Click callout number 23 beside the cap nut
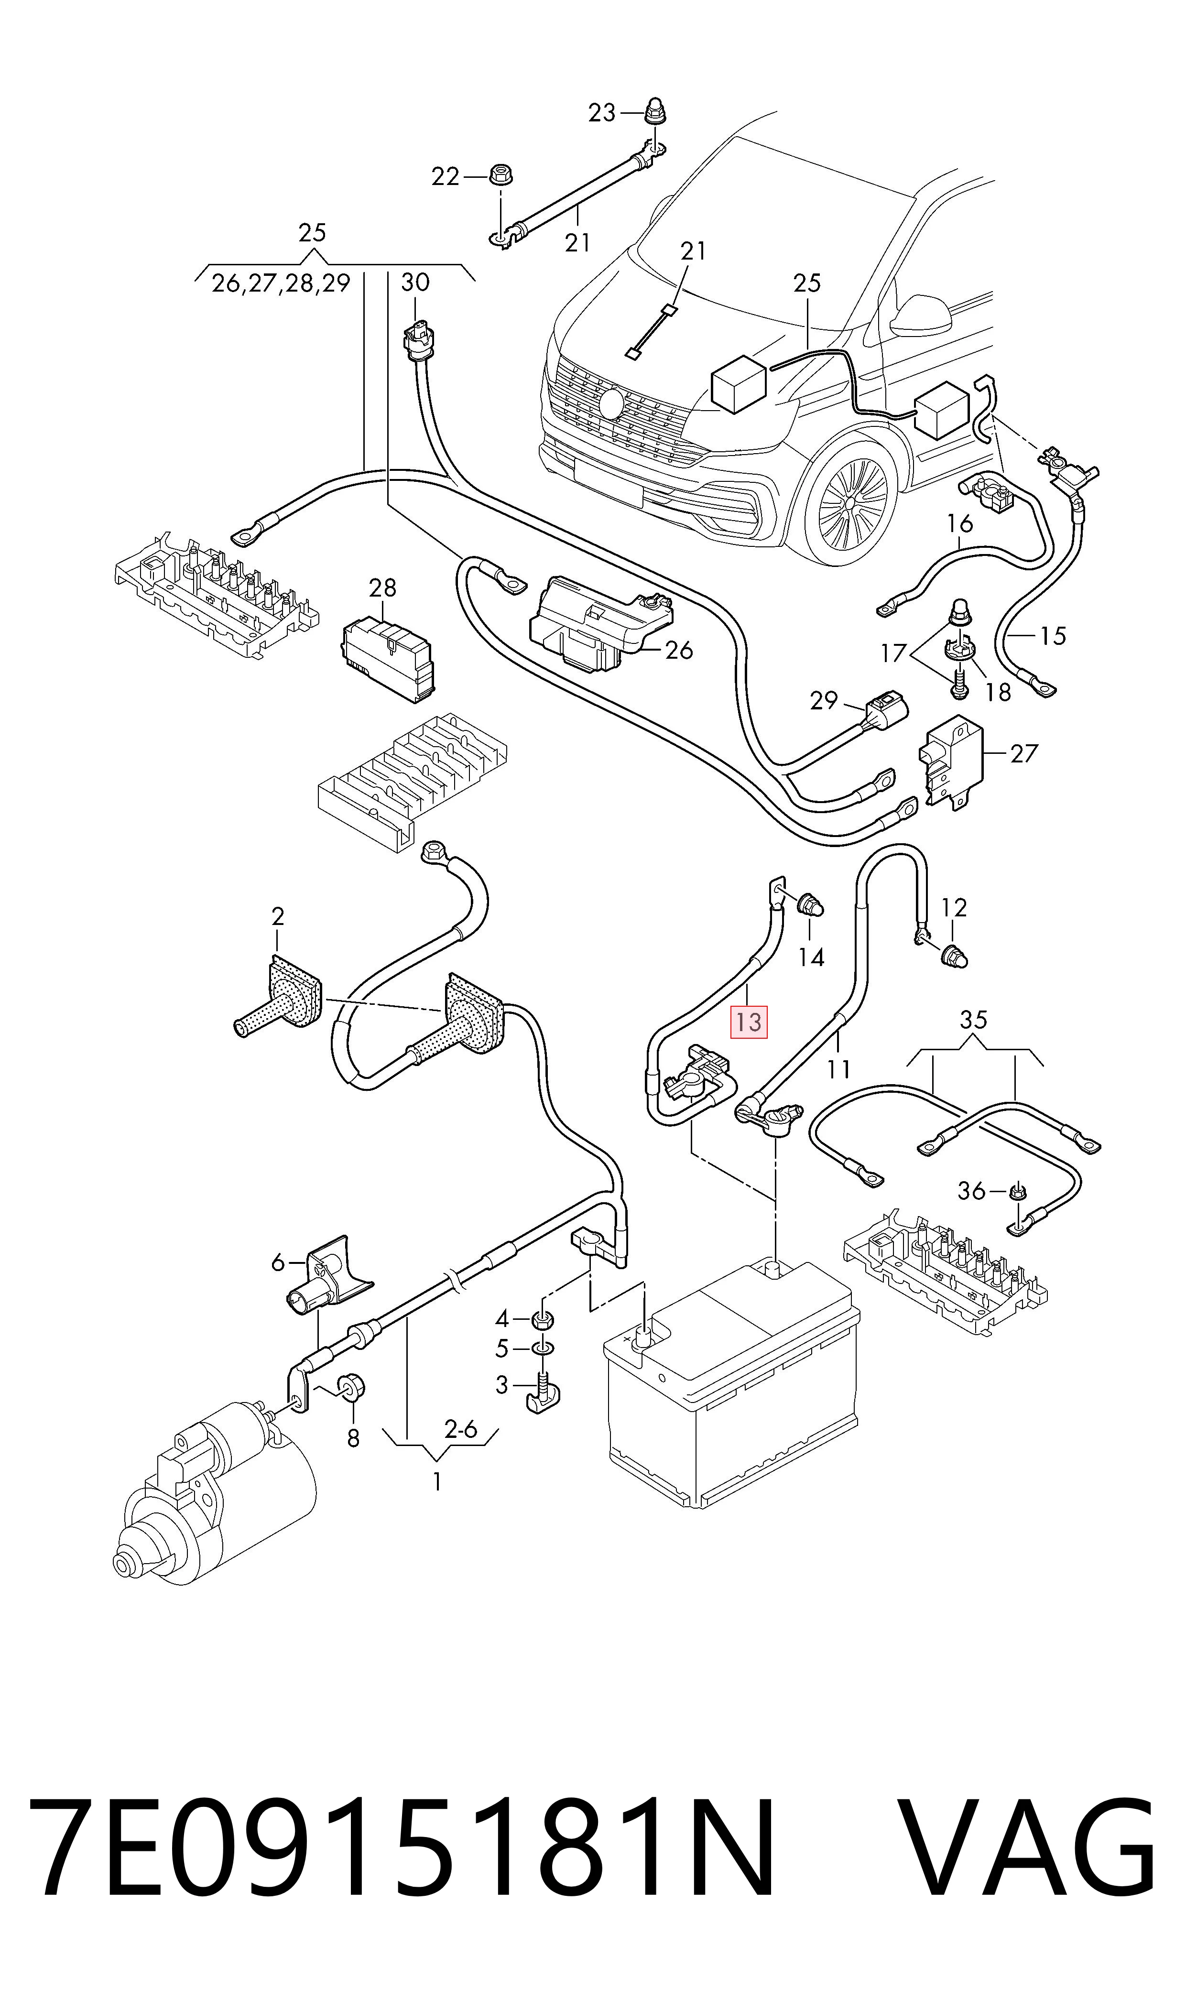point(603,113)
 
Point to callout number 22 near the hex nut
point(446,176)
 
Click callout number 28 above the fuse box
point(383,588)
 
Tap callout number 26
point(679,651)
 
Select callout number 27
point(1024,753)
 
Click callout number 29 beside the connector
point(824,701)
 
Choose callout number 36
point(972,1191)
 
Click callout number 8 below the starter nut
point(353,1439)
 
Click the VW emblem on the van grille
point(614,404)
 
